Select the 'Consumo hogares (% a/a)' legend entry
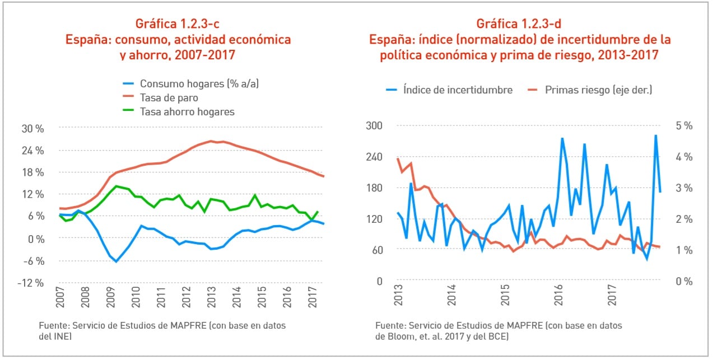tap(199, 83)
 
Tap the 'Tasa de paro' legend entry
tap(169, 97)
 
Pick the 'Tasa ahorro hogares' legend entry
tap(187, 111)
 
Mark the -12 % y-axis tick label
tap(30, 283)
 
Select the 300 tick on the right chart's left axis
tap(374, 125)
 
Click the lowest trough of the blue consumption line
tap(116, 261)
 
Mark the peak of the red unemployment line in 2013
tap(211, 141)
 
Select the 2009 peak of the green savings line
tap(116, 186)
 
